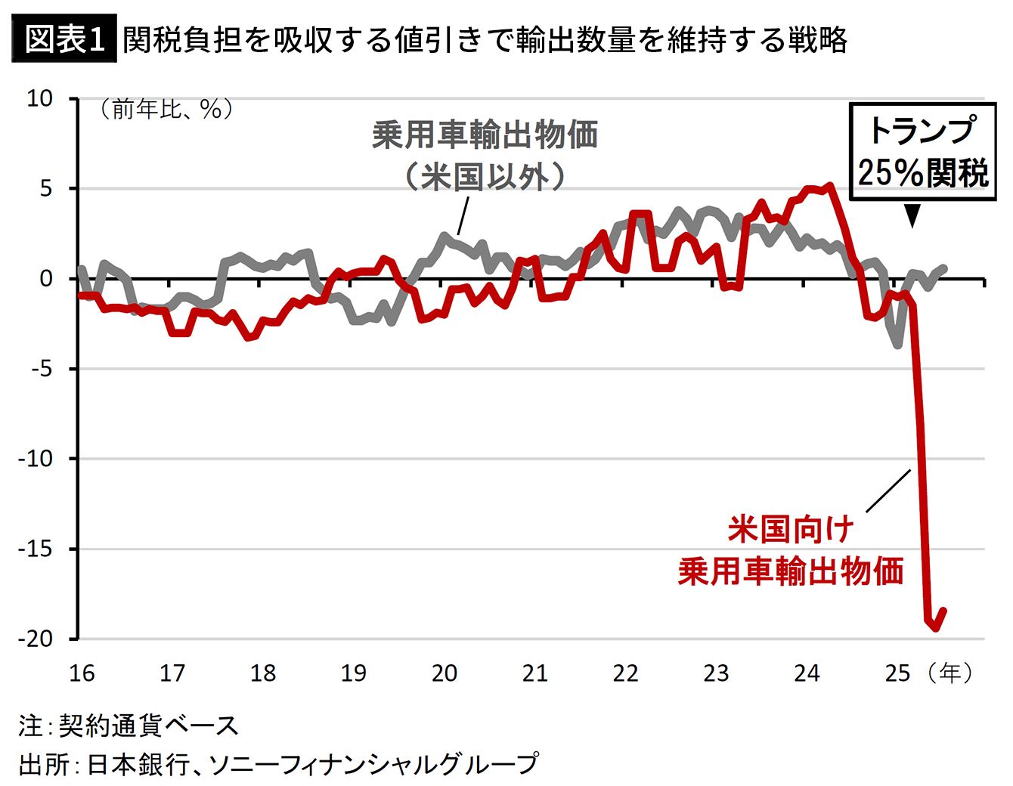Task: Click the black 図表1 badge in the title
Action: pos(64,40)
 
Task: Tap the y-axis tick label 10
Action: pos(39,98)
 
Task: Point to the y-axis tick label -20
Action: pos(36,639)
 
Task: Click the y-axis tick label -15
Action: pos(36,549)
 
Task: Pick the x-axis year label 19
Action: pos(354,673)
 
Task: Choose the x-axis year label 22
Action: pos(625,673)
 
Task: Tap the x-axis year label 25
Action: pos(897,673)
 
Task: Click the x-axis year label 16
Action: pos(82,673)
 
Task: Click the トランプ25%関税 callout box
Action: pos(922,152)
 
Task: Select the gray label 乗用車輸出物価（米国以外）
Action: pos(485,156)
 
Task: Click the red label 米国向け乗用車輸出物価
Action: pos(791,550)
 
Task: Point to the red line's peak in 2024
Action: pos(830,185)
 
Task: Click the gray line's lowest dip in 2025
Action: pos(898,345)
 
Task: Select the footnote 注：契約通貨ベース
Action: pos(129,726)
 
